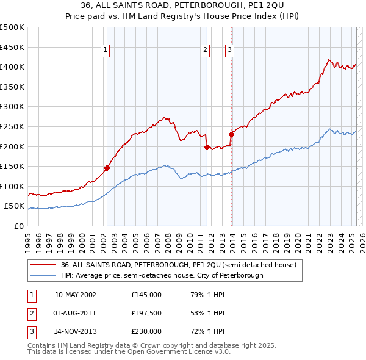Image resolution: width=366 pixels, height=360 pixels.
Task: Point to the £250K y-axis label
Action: tap(12, 126)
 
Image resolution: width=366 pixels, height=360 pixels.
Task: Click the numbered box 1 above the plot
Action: tap(106, 51)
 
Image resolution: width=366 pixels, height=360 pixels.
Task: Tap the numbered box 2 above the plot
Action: tap(206, 51)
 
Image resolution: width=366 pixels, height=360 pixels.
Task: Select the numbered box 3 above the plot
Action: tap(230, 51)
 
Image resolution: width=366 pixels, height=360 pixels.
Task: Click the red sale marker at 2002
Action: tap(107, 168)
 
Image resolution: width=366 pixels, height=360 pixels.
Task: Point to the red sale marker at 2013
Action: tap(231, 134)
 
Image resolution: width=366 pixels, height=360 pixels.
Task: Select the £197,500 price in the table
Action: tap(146, 313)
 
